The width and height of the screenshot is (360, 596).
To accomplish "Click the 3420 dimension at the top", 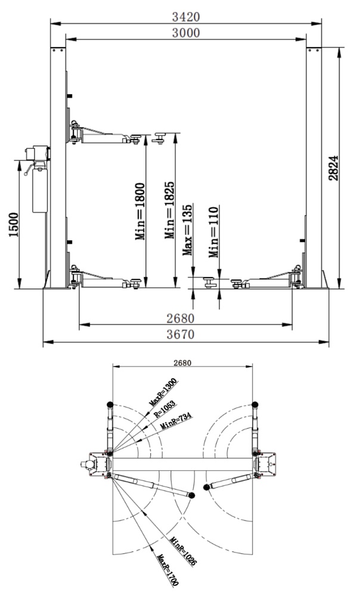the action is pos(186,17).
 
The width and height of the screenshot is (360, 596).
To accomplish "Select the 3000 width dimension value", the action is pos(186,33).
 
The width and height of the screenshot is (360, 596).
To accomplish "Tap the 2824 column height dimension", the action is pos(333,167).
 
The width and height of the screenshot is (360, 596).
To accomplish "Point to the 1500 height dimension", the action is pos(14,225).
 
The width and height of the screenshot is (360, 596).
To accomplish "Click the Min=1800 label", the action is pos(140,212).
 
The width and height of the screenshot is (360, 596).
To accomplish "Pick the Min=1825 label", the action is pos(169,210).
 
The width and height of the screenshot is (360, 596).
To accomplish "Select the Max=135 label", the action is pos(187,229).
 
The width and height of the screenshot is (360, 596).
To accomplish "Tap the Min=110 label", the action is pos(213,232).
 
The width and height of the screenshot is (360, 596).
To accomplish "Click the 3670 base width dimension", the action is pos(181,334).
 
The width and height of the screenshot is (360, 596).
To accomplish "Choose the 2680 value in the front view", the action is pos(181,318).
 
